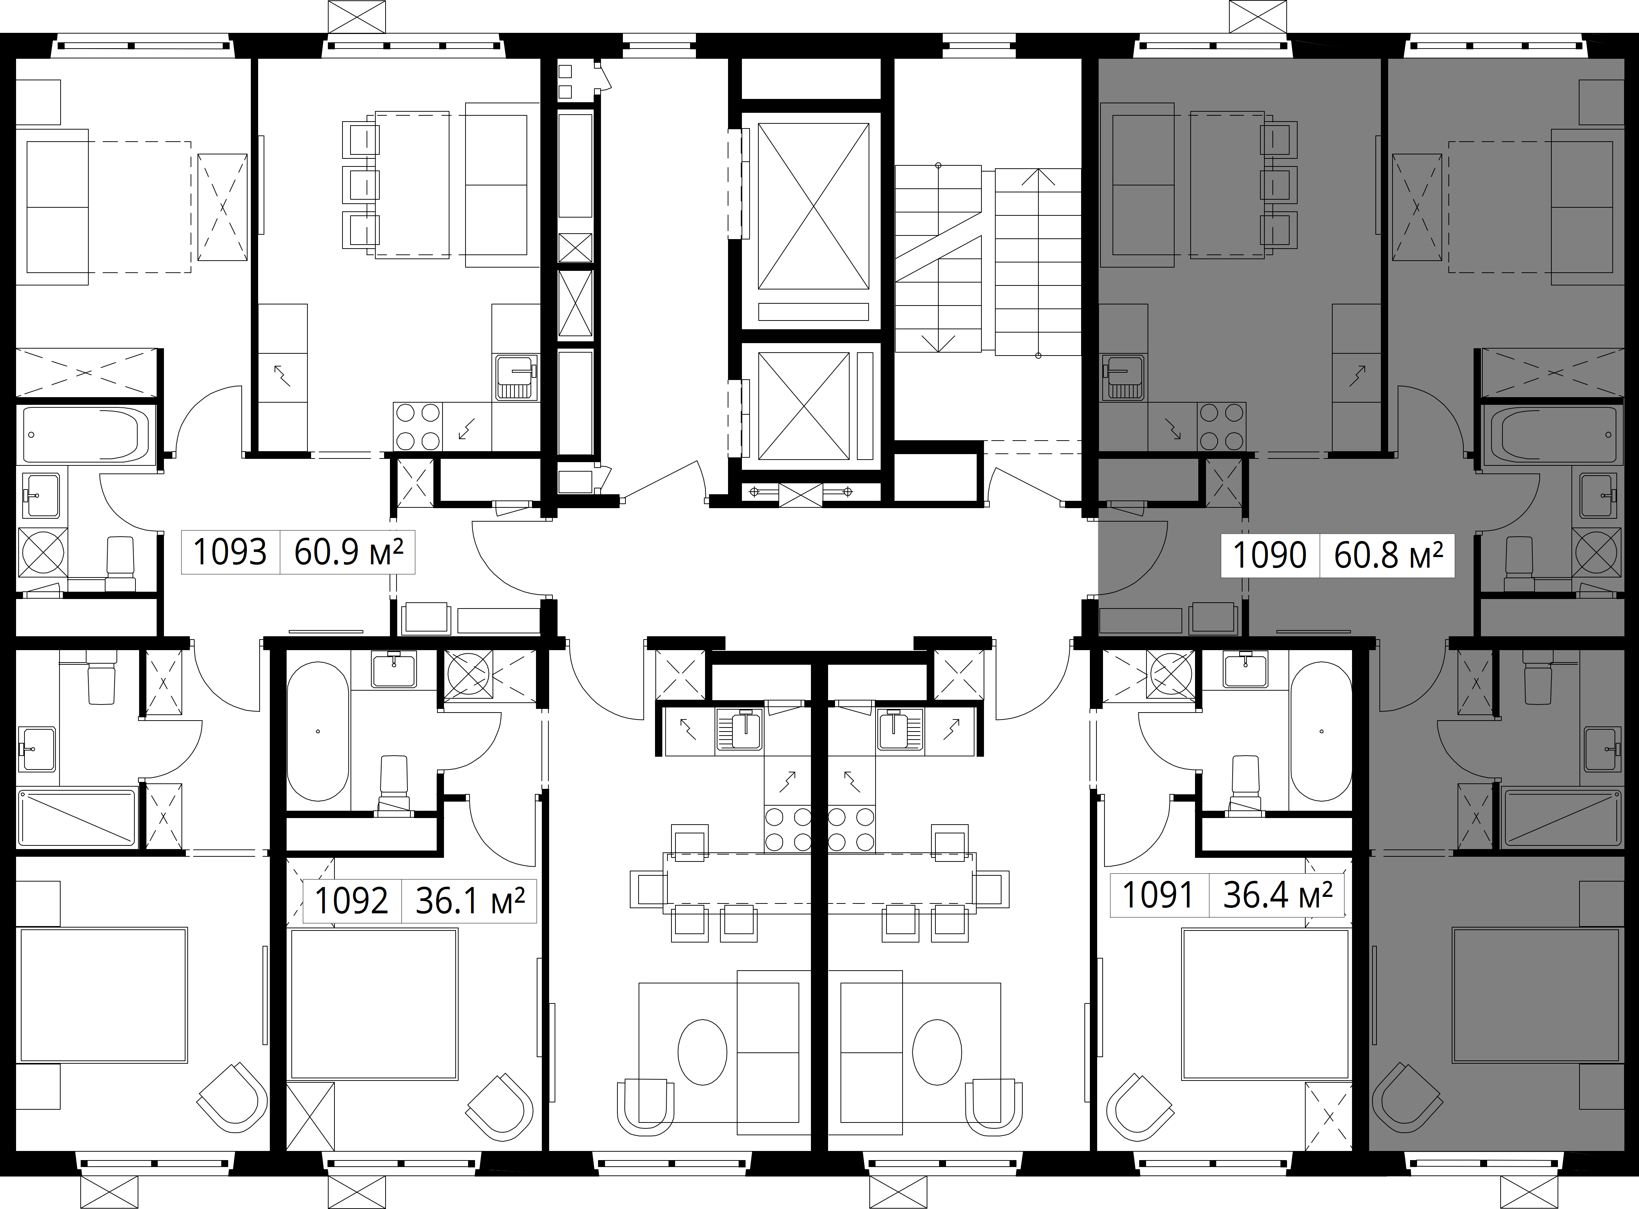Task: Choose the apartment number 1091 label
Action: pos(1158,894)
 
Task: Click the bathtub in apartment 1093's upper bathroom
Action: pos(87,435)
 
